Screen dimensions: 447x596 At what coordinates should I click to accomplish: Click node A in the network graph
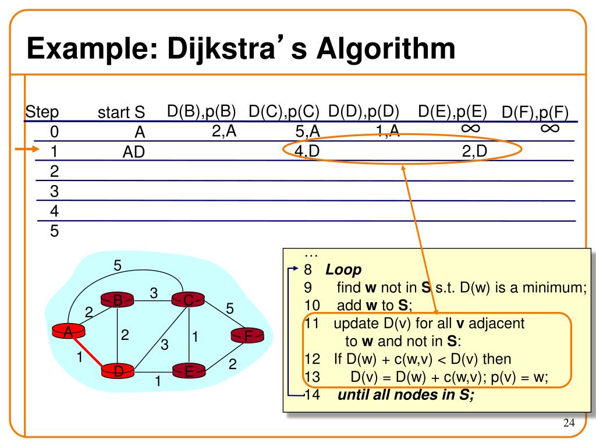pyautogui.click(x=68, y=332)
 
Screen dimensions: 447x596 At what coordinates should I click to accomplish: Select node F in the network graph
pyautogui.click(x=247, y=336)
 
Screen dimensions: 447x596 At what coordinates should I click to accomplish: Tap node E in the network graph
pyautogui.click(x=189, y=371)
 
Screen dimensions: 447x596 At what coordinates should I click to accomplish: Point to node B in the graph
pyautogui.click(x=118, y=300)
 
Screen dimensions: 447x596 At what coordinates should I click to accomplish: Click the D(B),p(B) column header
pyautogui.click(x=201, y=111)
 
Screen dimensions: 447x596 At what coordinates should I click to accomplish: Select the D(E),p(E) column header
pyautogui.click(x=452, y=111)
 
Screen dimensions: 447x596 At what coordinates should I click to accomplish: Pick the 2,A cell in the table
pyautogui.click(x=224, y=132)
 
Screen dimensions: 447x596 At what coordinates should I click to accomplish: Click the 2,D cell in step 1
pyautogui.click(x=474, y=151)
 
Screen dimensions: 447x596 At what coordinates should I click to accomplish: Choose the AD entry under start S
pyautogui.click(x=133, y=152)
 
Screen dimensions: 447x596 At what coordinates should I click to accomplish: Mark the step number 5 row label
pyautogui.click(x=54, y=231)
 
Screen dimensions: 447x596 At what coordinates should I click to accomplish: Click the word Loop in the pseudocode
pyautogui.click(x=343, y=270)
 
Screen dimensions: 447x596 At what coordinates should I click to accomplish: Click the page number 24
pyautogui.click(x=569, y=423)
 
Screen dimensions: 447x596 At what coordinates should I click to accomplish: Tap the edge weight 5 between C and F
pyautogui.click(x=229, y=309)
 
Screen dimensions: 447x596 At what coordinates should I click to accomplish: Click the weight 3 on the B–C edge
pyautogui.click(x=154, y=295)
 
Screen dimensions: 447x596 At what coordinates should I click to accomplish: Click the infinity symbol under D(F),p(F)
pyautogui.click(x=550, y=128)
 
